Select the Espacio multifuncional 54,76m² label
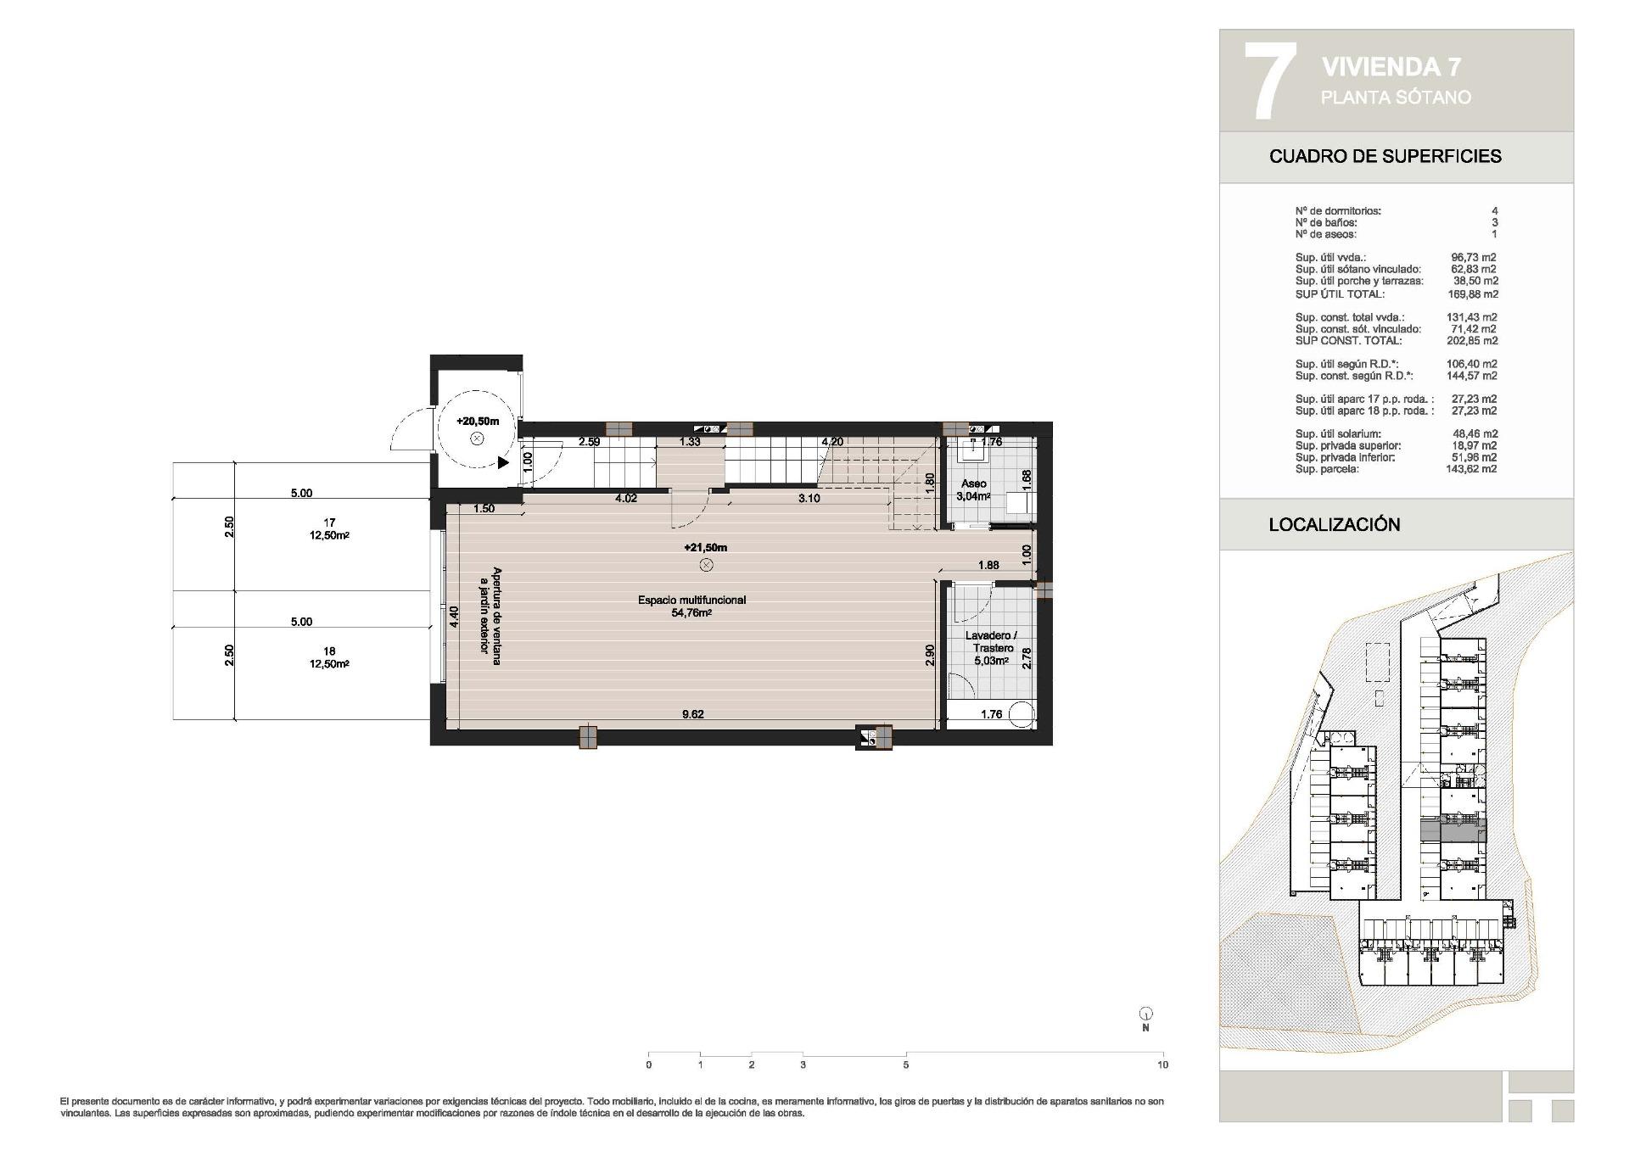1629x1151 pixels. (x=691, y=606)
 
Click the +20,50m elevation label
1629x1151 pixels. (x=478, y=421)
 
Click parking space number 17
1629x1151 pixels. (x=329, y=522)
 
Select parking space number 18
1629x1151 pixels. (x=329, y=651)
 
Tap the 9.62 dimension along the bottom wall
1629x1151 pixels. (x=693, y=714)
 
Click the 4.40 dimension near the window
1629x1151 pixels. (x=454, y=616)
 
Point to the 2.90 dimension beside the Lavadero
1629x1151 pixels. (x=930, y=655)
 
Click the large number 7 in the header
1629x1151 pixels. (x=1269, y=81)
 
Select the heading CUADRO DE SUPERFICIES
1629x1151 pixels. (x=1385, y=156)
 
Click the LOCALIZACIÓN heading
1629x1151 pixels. (x=1334, y=524)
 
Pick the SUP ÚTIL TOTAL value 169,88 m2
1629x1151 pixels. (x=1472, y=294)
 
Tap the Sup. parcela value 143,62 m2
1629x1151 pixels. (x=1472, y=468)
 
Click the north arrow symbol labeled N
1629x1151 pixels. (x=1145, y=1014)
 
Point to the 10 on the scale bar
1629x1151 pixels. (x=1162, y=1064)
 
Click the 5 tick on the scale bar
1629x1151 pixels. (x=905, y=1064)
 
